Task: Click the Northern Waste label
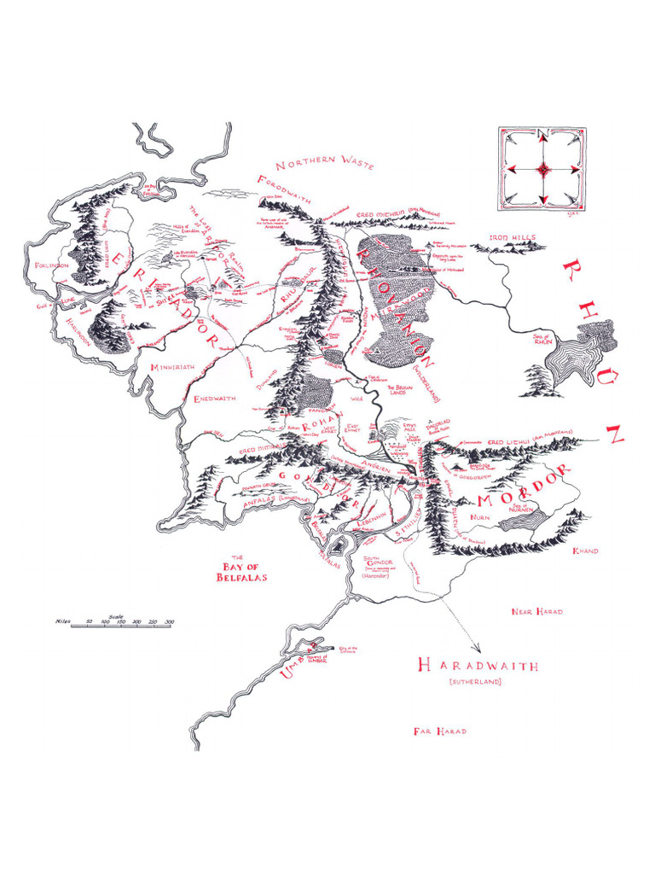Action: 325,162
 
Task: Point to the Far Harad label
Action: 439,731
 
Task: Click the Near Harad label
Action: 536,612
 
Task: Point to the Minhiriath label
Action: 173,367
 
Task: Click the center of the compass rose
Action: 542,170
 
